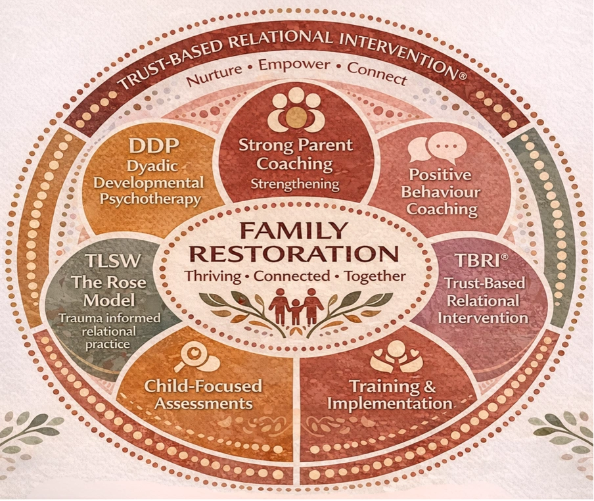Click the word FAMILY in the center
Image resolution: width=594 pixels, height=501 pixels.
297,231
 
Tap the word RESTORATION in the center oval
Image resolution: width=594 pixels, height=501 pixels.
297,254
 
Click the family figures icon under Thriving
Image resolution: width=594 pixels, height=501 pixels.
296,305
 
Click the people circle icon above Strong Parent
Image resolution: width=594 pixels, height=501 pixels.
296,109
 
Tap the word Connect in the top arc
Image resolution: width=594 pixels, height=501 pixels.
377,72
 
